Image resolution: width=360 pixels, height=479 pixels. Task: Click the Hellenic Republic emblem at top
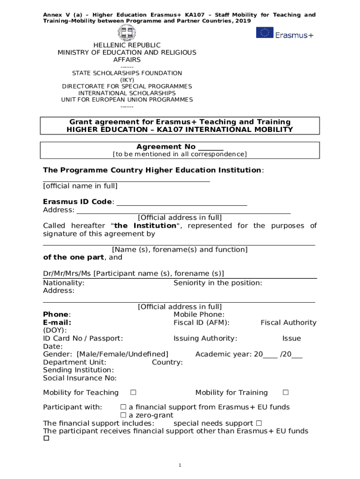(127, 33)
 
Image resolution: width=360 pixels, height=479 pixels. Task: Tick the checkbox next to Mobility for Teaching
(133, 392)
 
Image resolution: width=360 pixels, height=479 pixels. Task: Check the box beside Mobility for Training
(286, 392)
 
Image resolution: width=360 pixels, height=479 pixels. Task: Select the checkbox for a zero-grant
(123, 415)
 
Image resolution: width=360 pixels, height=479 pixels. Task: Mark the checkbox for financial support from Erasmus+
(123, 407)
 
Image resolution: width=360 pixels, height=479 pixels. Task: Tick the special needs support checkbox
(259, 423)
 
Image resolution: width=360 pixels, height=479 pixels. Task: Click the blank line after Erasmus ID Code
(181, 202)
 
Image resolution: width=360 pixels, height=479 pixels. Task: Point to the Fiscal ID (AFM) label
(202, 323)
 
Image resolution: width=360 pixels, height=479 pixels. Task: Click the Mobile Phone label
(199, 315)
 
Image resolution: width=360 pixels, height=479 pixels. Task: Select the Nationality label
(64, 283)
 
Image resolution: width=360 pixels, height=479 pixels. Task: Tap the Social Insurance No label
(80, 378)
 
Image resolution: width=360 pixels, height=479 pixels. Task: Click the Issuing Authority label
(205, 339)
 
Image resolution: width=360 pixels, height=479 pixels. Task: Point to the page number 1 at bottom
(180, 465)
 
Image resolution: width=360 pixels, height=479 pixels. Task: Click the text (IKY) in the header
(127, 80)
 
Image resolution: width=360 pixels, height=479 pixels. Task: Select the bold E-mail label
(57, 323)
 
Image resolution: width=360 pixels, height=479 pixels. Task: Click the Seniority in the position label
(217, 283)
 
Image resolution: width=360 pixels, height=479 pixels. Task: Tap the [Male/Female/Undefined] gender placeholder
(122, 355)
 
